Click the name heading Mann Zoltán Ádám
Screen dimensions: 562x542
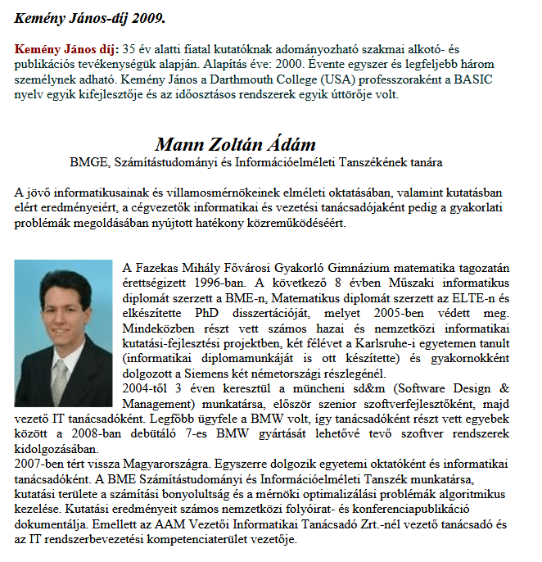coord(235,144)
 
